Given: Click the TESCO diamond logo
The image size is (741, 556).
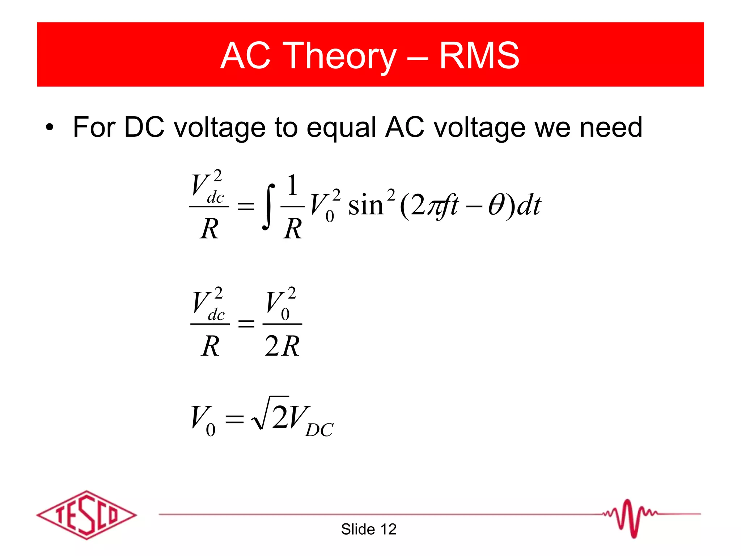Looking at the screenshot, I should click(x=86, y=515).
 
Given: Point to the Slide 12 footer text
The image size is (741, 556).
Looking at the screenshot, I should click(x=368, y=529).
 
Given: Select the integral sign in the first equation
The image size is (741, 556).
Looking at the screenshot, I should click(x=268, y=206).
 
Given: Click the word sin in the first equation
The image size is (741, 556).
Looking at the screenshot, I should click(x=365, y=206).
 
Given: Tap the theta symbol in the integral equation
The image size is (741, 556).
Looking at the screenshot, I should click(x=495, y=206).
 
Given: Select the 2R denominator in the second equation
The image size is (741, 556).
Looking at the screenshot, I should click(x=282, y=346).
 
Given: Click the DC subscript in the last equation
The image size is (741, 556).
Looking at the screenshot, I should click(x=319, y=430).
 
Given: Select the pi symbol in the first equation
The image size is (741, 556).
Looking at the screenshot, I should click(x=433, y=206).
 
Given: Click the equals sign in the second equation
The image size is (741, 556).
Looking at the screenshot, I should click(x=246, y=323).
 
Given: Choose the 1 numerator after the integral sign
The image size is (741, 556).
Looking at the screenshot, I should click(x=292, y=185).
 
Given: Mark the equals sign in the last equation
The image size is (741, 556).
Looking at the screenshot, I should click(x=234, y=419).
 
